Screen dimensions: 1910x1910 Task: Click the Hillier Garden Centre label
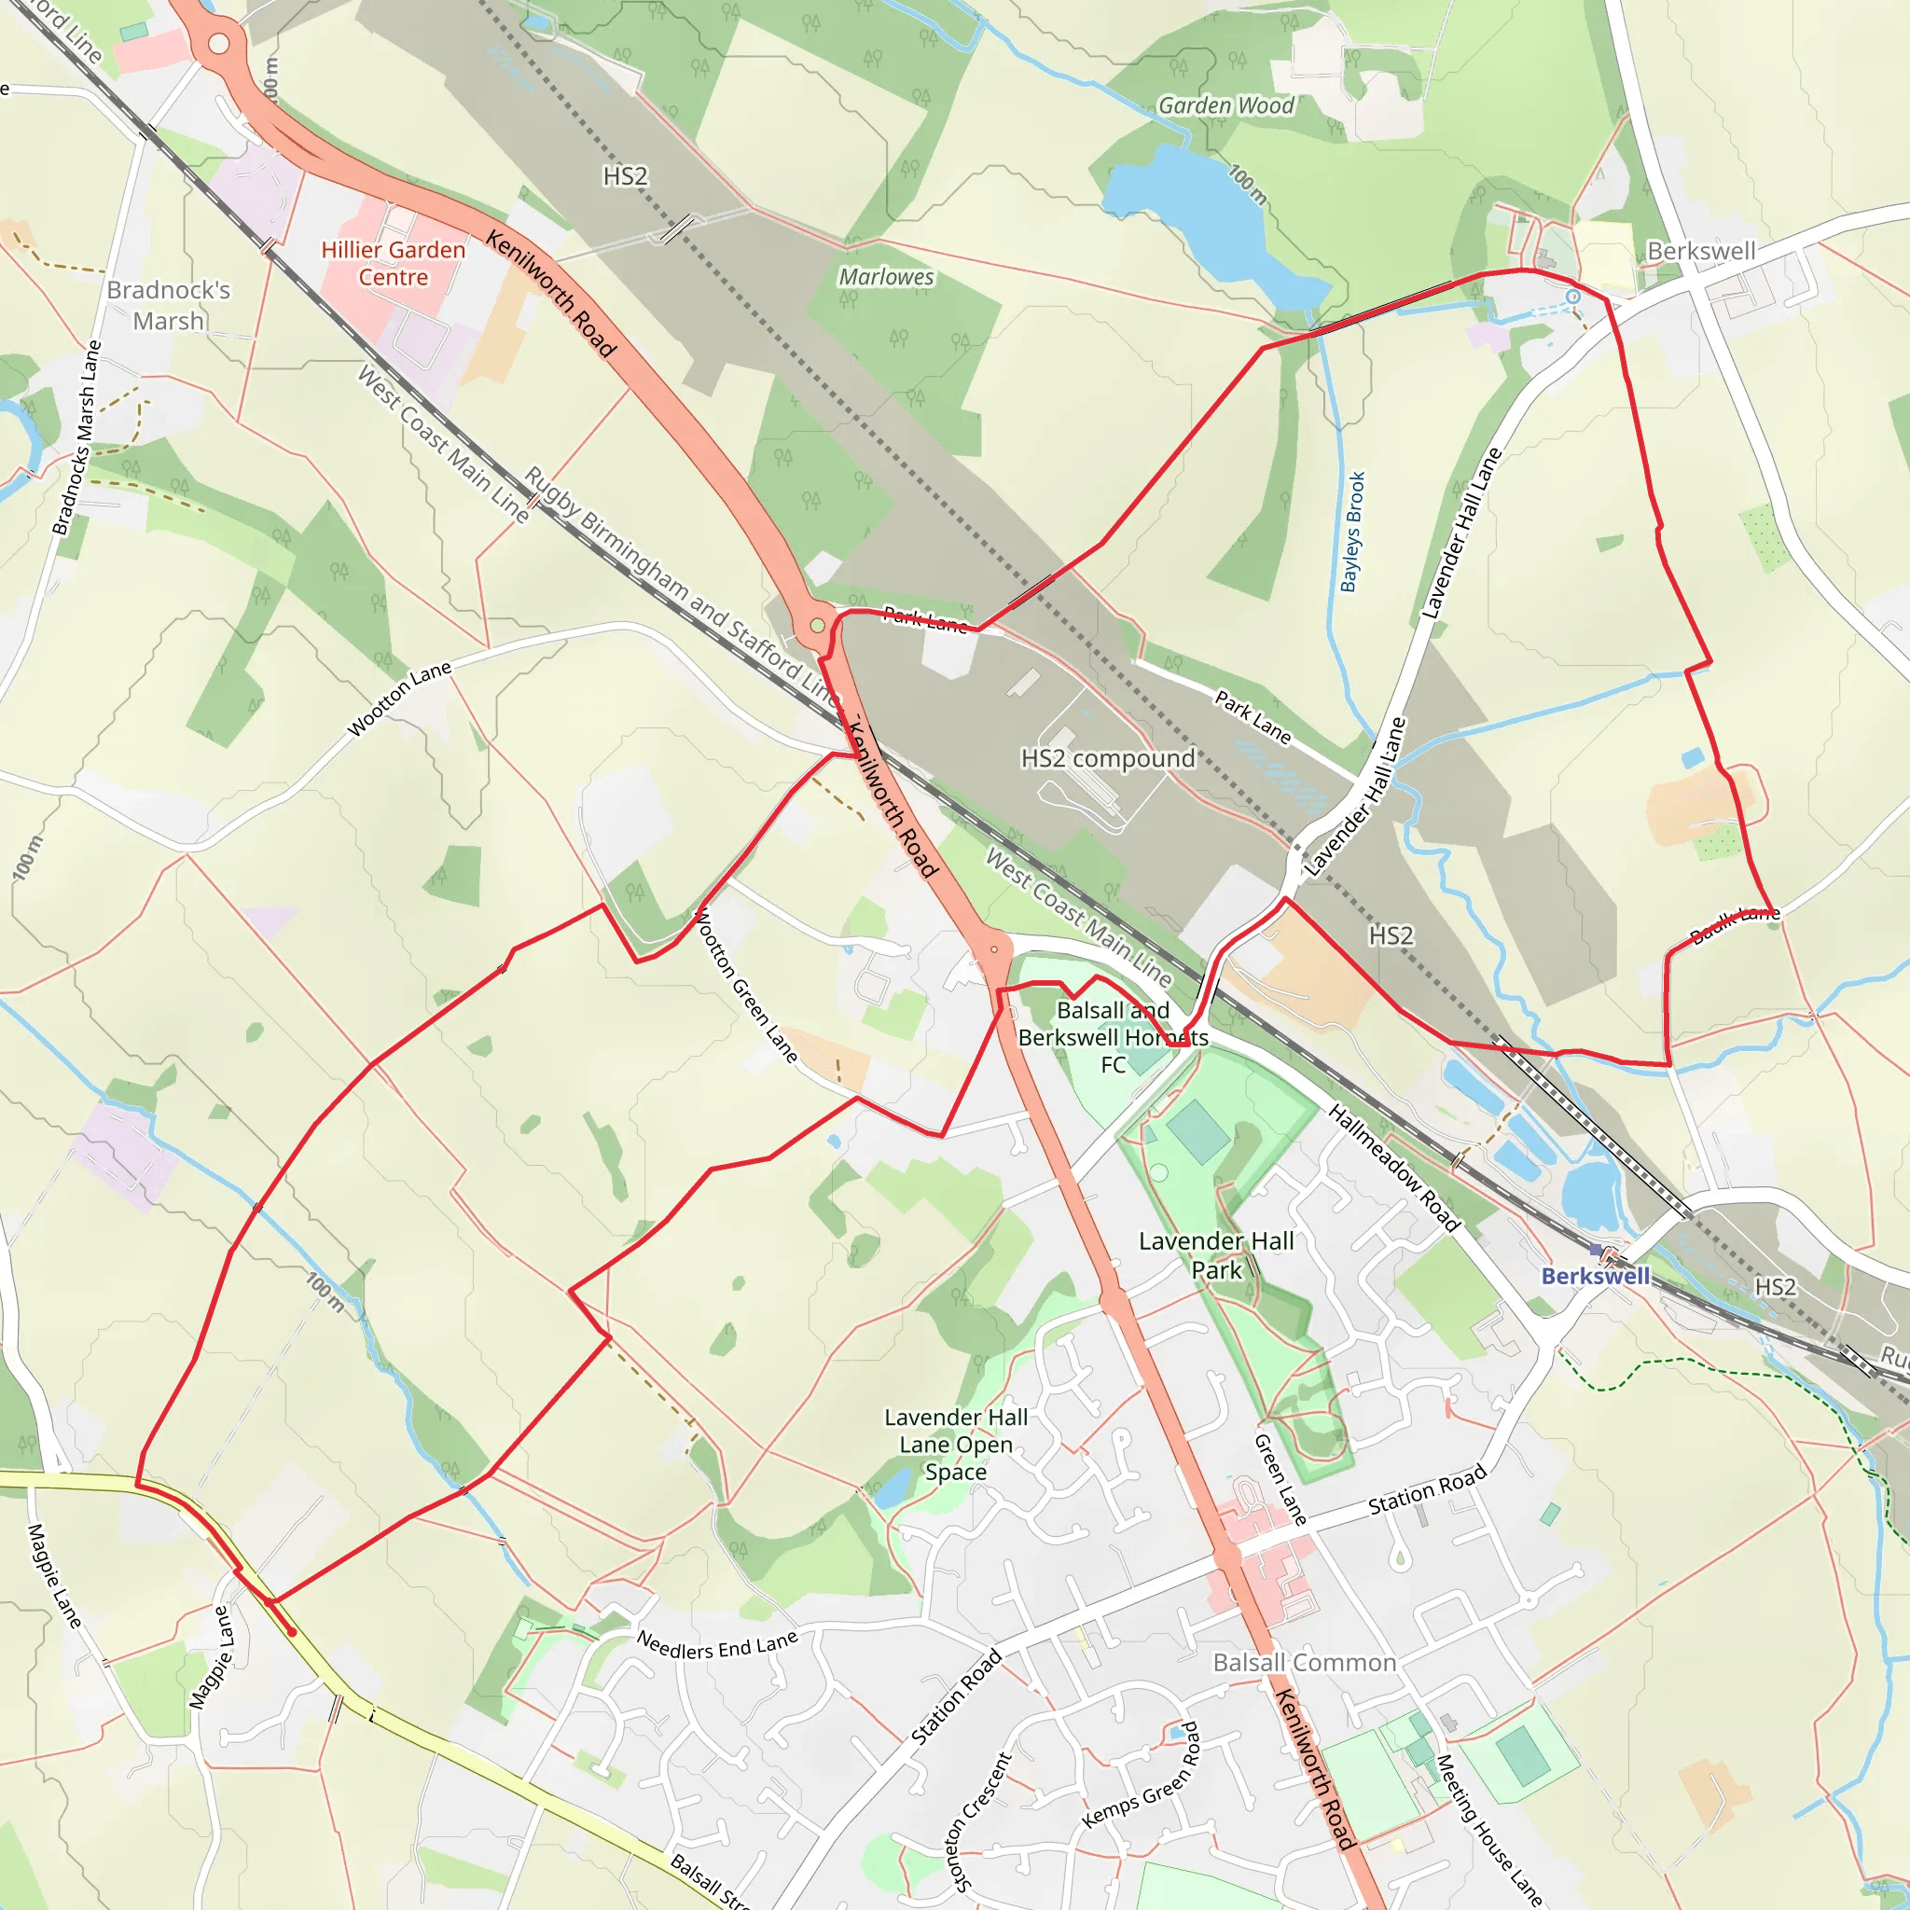click(x=393, y=263)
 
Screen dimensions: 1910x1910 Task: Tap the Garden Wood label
click(x=1225, y=105)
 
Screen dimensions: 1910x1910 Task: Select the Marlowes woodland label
click(x=886, y=277)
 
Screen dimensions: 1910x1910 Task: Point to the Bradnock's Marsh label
click(x=168, y=306)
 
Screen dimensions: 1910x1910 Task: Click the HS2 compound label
click(x=1107, y=758)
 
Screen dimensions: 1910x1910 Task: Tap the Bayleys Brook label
click(x=1352, y=532)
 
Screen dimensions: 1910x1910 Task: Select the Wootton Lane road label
click(x=399, y=699)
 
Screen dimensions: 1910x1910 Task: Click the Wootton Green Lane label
click(x=746, y=986)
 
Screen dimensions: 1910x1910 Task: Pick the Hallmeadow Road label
click(x=1394, y=1168)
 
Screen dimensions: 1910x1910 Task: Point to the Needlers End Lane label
click(x=717, y=1646)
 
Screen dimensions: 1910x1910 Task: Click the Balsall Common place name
click(x=1304, y=1663)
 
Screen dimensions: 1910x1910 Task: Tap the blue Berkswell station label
click(x=1595, y=1277)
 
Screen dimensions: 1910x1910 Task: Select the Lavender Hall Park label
click(x=1216, y=1255)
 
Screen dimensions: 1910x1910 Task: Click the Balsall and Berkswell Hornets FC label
click(x=1114, y=1037)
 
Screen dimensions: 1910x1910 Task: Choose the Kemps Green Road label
click(x=1141, y=1776)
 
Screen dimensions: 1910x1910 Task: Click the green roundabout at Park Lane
click(x=818, y=626)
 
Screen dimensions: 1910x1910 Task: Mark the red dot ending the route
click(x=292, y=1632)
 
